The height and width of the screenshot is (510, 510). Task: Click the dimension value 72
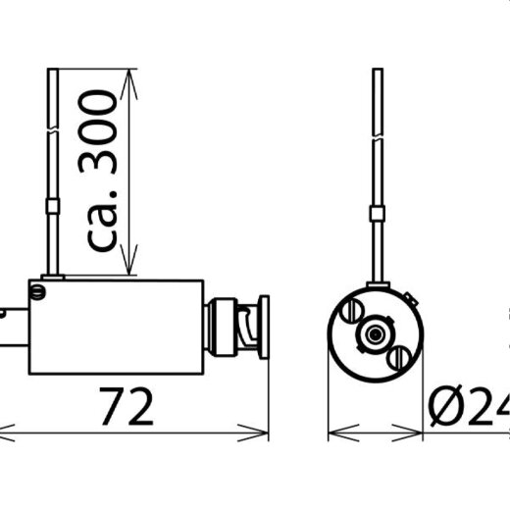127,406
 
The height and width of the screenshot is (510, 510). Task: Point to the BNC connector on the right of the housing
238,327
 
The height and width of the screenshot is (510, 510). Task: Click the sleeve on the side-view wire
53,207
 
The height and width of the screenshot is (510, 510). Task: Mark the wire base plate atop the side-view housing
53,278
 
